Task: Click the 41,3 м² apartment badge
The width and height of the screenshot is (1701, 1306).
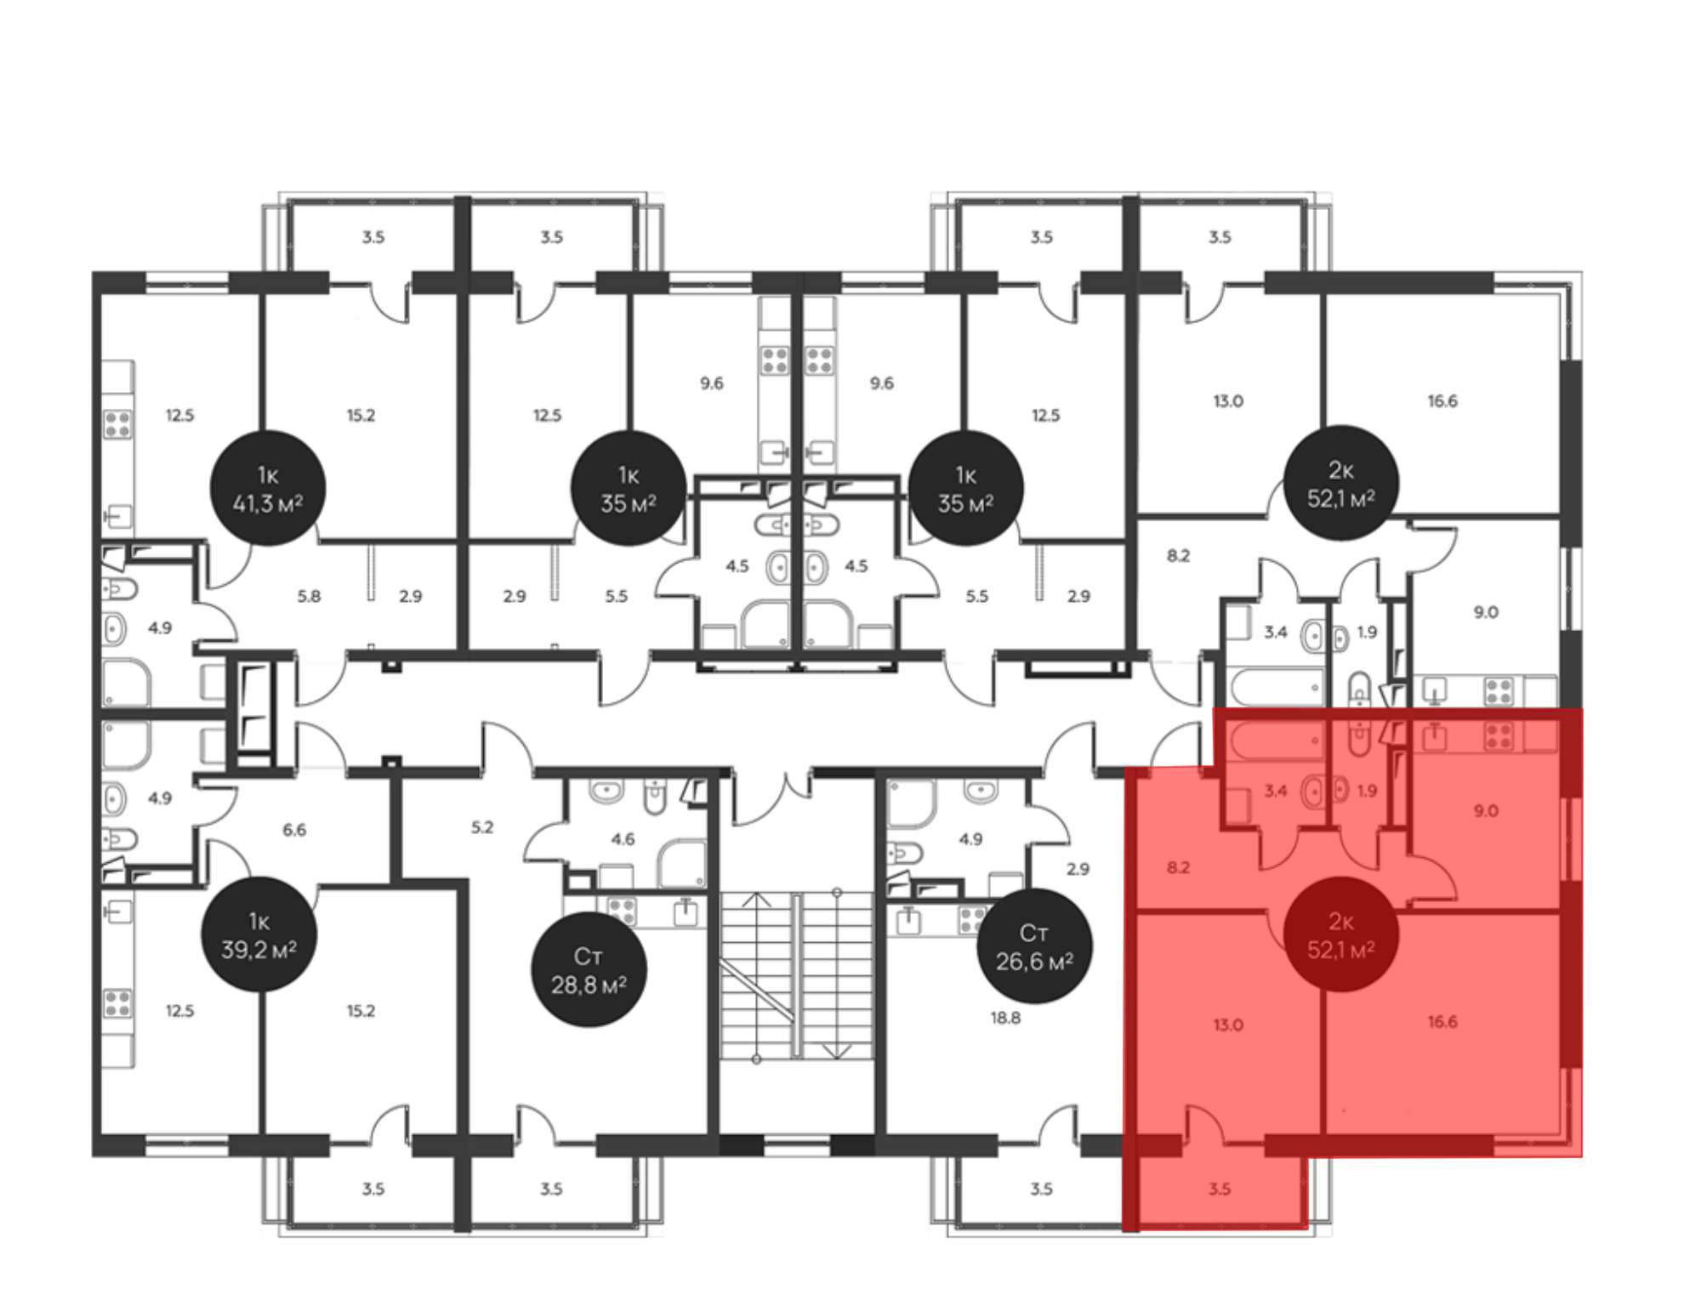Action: click(x=268, y=489)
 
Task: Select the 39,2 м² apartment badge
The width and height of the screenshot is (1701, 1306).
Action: click(x=259, y=935)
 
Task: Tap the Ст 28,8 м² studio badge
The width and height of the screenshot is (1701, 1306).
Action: click(x=589, y=969)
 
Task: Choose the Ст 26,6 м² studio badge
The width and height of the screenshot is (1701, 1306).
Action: click(x=1034, y=945)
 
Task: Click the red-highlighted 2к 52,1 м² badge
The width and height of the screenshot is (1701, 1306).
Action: click(x=1341, y=934)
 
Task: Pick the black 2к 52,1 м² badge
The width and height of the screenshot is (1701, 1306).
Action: click(x=1341, y=483)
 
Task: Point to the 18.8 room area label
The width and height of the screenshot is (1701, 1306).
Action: click(x=1005, y=1018)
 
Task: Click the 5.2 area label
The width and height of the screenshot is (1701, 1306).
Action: click(x=482, y=827)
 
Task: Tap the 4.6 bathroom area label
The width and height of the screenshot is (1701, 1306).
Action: click(x=623, y=839)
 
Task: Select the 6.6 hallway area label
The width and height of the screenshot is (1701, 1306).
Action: click(x=294, y=830)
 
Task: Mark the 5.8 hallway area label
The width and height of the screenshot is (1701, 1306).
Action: click(x=309, y=597)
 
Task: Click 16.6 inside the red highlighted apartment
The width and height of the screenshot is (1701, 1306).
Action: click(x=1442, y=1021)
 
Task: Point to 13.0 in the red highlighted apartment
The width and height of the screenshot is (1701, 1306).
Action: click(x=1228, y=1025)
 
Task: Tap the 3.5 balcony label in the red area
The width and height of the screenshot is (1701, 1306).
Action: click(x=1220, y=1189)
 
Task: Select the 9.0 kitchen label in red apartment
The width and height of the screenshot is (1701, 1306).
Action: click(x=1486, y=811)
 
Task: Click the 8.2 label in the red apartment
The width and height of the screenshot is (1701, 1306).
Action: click(x=1178, y=868)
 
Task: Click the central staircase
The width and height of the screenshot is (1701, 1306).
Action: click(x=797, y=976)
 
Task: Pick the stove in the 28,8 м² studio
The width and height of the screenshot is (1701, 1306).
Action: click(x=622, y=911)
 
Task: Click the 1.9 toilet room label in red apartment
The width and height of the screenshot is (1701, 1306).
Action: click(x=1367, y=791)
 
